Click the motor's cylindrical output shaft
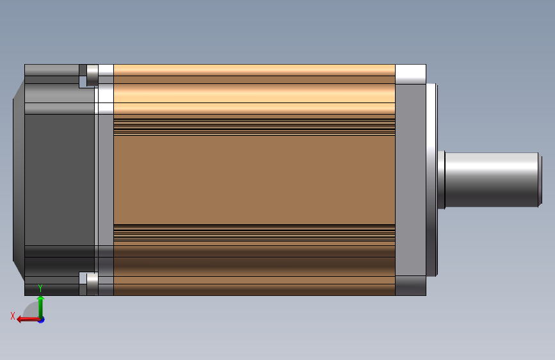(490, 180)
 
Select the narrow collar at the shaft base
(442, 180)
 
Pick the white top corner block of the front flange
(410, 74)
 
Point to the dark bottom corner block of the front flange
(410, 286)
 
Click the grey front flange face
(410, 180)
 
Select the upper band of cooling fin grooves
(254, 127)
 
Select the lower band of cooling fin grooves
(254, 233)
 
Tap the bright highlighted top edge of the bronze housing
(254, 70)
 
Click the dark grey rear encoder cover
(60, 180)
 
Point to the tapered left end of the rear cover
(19, 180)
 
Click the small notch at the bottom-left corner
(83, 278)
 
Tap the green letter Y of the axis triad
(40, 289)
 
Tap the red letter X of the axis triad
(13, 316)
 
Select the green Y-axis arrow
(40, 306)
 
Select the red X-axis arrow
(26, 319)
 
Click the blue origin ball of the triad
(41, 319)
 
